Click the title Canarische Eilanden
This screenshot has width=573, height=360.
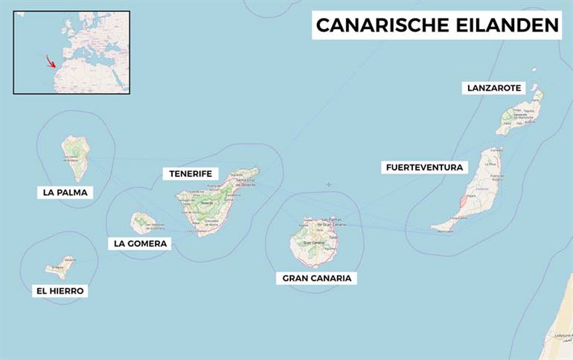(x=437, y=25)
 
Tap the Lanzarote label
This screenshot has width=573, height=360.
(x=494, y=88)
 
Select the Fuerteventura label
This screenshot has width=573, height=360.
(x=424, y=167)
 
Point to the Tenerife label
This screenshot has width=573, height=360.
(x=191, y=174)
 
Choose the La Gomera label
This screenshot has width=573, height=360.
(x=141, y=243)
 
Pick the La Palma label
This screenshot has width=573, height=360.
(x=65, y=193)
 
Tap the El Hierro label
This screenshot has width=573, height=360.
(x=60, y=291)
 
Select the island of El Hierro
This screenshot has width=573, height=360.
(x=59, y=267)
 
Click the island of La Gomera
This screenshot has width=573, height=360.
(x=142, y=222)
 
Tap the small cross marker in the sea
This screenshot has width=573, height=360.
(x=328, y=184)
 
